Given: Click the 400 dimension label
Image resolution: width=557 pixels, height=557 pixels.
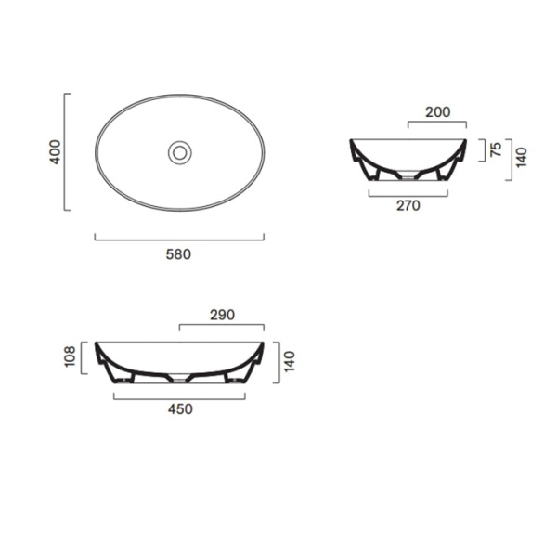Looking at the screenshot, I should pyautogui.click(x=55, y=151).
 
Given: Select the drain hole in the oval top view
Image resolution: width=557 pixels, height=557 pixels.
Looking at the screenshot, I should pyautogui.click(x=179, y=151).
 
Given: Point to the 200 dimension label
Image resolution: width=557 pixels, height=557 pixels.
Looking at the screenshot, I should pyautogui.click(x=437, y=112).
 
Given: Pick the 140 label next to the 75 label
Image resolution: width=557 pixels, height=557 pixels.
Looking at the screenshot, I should pyautogui.click(x=522, y=156).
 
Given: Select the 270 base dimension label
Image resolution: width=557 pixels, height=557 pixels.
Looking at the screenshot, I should pyautogui.click(x=408, y=206).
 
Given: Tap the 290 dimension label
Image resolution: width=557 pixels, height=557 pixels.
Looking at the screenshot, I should pyautogui.click(x=222, y=315).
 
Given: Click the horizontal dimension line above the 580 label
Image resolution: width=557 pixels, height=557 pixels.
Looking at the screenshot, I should pyautogui.click(x=179, y=240).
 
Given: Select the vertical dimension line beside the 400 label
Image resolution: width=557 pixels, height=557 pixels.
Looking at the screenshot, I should pyautogui.click(x=66, y=151).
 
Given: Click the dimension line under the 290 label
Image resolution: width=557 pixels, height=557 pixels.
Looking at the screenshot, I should pyautogui.click(x=222, y=325).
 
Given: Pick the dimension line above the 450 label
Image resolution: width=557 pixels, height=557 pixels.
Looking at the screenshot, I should pyautogui.click(x=179, y=399).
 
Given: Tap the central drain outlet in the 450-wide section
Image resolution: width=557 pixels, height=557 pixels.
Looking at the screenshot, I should pyautogui.click(x=179, y=379).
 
